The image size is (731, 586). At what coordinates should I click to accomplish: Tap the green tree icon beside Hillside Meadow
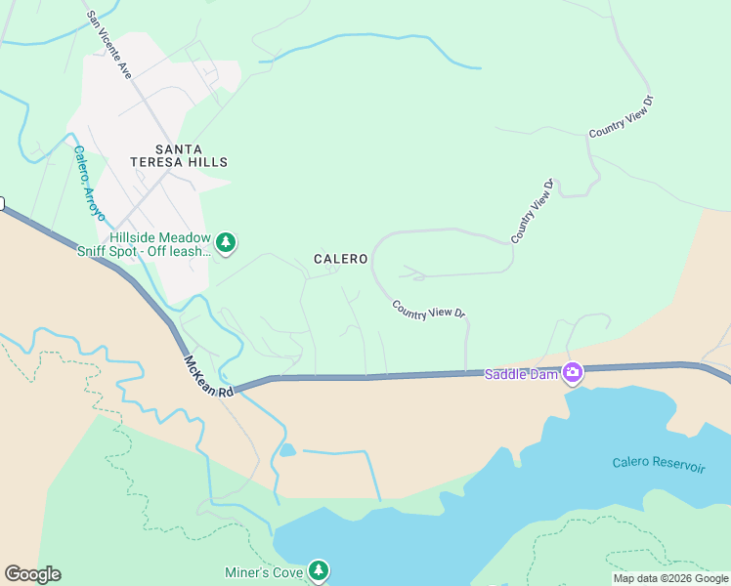click(x=226, y=242)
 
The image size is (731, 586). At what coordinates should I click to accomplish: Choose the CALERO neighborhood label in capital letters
click(x=340, y=259)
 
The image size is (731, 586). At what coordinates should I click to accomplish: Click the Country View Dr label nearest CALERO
click(x=428, y=310)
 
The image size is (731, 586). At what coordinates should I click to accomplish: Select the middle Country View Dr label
click(x=533, y=211)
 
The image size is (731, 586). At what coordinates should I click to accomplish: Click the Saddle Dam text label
click(x=522, y=374)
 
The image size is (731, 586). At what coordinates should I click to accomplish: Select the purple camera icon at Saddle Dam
click(x=572, y=372)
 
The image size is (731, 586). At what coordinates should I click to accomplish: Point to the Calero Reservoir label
click(x=659, y=465)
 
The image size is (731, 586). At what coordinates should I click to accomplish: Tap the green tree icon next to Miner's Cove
click(x=318, y=569)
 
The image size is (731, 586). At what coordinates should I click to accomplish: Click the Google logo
click(x=32, y=574)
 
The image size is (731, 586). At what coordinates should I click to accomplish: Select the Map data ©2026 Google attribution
click(x=670, y=578)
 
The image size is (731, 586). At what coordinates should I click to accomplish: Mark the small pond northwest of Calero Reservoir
click(x=286, y=450)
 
